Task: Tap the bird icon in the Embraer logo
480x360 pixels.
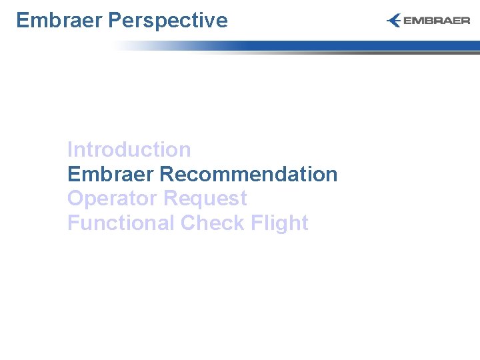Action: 394,21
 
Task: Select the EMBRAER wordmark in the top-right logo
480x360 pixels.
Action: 437,21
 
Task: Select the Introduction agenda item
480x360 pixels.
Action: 129,150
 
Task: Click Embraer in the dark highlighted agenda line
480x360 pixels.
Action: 111,174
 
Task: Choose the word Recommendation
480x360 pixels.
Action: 249,174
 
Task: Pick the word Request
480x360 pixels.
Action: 205,199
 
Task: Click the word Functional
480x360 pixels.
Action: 121,223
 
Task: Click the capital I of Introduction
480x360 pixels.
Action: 70,150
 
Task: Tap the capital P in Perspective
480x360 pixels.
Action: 113,21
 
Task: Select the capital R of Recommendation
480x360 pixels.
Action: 167,174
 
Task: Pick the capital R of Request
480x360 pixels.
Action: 170,199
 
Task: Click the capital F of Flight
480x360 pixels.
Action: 257,223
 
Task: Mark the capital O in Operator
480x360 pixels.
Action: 75,199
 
